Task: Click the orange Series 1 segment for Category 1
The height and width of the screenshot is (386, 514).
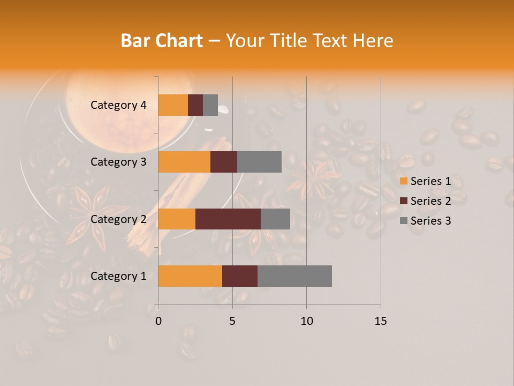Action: point(190,276)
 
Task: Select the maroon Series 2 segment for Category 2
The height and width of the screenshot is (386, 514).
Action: point(228,219)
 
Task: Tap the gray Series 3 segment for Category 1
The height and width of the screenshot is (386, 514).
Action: point(294,276)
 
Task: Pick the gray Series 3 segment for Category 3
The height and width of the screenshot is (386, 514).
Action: point(259,162)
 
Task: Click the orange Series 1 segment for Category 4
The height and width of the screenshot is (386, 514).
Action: point(173,105)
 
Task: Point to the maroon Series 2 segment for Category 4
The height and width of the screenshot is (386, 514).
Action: point(195,105)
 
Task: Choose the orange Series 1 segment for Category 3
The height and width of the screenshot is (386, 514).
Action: point(184,162)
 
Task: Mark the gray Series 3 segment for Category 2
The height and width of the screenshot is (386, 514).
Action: point(275,219)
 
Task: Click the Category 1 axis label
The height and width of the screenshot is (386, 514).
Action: point(118,276)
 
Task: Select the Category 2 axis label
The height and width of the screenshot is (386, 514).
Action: point(118,219)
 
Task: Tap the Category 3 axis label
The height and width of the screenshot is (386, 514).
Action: point(118,162)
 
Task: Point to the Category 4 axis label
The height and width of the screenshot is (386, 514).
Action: point(118,105)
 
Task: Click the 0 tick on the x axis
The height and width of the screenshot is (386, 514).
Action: point(158,321)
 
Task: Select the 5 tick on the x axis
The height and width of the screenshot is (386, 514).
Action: point(232,321)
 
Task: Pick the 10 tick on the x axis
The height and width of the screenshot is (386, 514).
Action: point(306,321)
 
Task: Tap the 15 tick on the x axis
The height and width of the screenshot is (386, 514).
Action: point(380,321)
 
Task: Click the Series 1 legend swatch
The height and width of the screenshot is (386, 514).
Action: point(404,181)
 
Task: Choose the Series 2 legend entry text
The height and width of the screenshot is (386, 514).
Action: point(430,201)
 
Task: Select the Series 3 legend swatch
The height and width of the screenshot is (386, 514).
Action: point(404,221)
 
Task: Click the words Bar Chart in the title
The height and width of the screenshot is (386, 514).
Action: point(162,40)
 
